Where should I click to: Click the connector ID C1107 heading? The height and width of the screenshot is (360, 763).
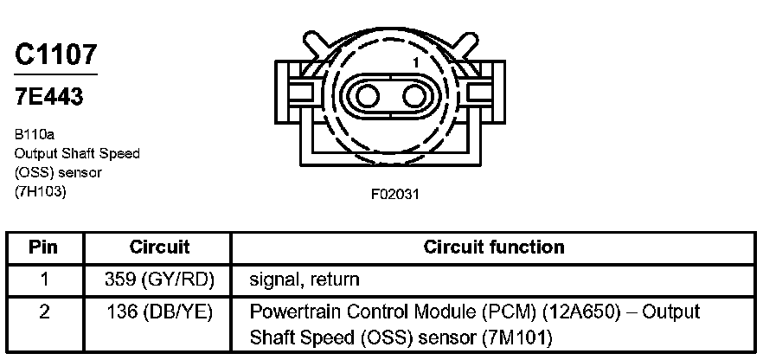[55, 55]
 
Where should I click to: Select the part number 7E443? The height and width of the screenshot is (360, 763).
[49, 96]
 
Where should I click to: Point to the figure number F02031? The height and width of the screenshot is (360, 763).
[395, 194]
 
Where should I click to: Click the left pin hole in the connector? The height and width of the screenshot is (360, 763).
[365, 94]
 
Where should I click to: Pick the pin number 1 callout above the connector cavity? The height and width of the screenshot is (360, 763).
[415, 63]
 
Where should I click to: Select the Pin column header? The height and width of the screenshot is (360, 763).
[43, 247]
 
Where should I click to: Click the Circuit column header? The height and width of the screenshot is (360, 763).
[159, 247]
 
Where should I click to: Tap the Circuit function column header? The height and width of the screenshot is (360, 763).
[494, 247]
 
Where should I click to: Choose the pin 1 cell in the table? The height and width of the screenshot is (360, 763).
[43, 280]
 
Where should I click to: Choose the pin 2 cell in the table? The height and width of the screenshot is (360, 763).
[43, 311]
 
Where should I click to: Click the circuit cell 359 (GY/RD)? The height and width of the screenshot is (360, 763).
[159, 280]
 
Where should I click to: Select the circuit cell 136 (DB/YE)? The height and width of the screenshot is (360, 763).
[159, 311]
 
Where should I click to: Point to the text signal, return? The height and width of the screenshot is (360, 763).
[304, 280]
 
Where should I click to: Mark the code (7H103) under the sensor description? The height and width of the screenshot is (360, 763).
[40, 191]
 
